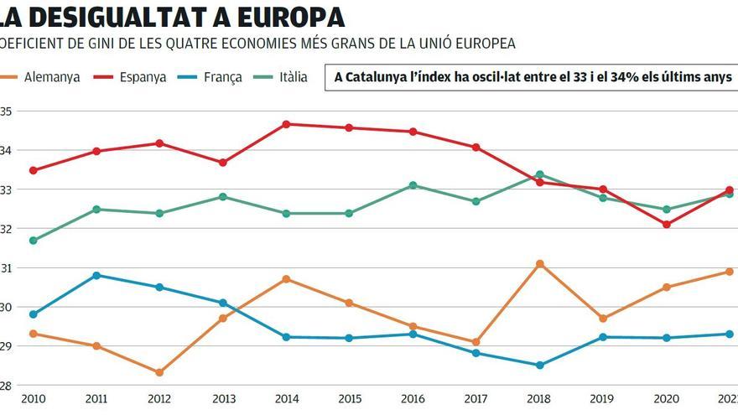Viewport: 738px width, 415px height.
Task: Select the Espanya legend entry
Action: (142, 77)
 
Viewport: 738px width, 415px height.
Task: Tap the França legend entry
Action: (222, 77)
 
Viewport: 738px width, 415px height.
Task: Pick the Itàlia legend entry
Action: (293, 77)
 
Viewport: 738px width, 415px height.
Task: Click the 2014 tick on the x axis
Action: (286, 399)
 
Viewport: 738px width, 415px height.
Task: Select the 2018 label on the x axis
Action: (539, 399)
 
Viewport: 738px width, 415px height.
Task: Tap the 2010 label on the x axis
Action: (33, 399)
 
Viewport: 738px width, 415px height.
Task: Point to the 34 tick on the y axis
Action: (6, 150)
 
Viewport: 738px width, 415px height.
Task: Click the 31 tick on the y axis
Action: (6, 268)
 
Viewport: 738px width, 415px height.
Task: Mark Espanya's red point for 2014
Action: (286, 124)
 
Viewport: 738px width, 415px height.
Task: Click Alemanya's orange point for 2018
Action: (539, 264)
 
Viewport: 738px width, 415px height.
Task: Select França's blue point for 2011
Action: (96, 275)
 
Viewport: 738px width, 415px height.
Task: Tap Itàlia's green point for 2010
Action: (33, 241)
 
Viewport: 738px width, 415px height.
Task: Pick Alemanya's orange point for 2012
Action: (159, 372)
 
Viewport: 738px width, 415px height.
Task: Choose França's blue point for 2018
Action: (539, 365)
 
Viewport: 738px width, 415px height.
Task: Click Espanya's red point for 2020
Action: (666, 224)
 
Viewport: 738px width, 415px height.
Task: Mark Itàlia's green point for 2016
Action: (413, 185)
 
